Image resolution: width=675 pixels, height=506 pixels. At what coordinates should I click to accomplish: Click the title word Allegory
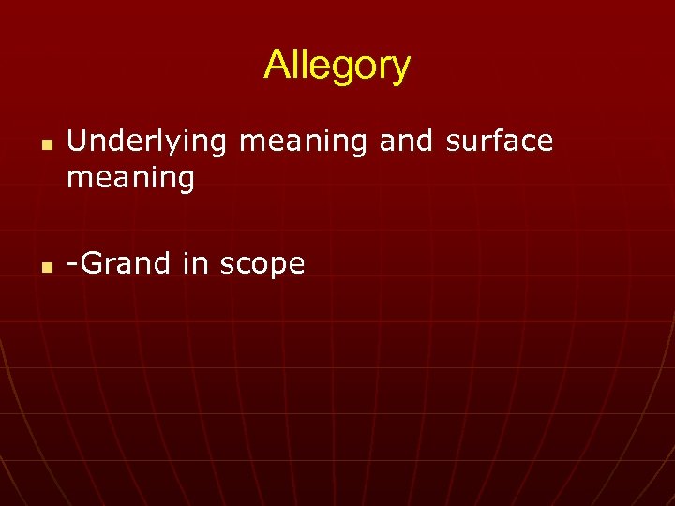click(337, 66)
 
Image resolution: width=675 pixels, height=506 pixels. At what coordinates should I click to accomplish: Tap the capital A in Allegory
click(276, 65)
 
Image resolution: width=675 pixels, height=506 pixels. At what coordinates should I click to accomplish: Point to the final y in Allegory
click(400, 70)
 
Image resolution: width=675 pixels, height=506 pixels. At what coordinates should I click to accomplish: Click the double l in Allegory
click(295, 65)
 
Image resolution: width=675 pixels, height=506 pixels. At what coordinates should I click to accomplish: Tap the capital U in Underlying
click(76, 141)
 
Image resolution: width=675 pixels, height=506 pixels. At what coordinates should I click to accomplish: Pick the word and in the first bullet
click(405, 141)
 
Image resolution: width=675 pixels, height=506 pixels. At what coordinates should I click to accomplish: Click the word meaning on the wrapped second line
click(130, 178)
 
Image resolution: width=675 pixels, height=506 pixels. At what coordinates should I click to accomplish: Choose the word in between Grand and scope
click(195, 263)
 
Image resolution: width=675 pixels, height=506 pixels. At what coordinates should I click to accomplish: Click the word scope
click(262, 265)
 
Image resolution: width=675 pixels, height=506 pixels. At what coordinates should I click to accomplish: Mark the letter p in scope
click(278, 267)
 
